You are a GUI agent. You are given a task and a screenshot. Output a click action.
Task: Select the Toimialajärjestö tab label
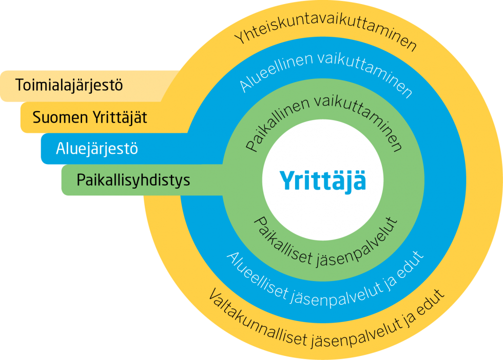[69, 85]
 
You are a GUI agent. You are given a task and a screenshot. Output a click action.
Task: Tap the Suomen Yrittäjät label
[90, 118]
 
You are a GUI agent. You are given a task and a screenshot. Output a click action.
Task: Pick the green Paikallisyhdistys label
[133, 181]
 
